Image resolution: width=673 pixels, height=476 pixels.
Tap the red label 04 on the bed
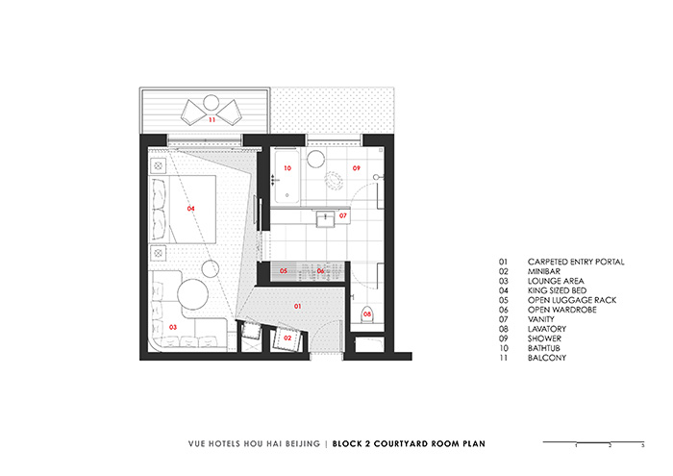click(x=191, y=208)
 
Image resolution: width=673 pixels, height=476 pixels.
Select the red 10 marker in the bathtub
click(x=287, y=167)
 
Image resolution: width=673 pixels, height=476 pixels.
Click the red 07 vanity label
click(x=342, y=215)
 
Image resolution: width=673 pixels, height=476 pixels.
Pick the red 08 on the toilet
click(x=367, y=313)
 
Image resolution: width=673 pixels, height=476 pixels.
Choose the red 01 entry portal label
click(x=297, y=306)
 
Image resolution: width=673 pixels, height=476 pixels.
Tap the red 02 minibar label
click(x=287, y=338)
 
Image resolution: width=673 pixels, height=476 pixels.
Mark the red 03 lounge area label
click(x=173, y=327)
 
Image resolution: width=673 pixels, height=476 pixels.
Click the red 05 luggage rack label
click(x=284, y=271)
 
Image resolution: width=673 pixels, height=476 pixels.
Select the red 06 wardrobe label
click(x=321, y=271)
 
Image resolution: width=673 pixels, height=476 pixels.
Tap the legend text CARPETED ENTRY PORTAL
click(x=576, y=262)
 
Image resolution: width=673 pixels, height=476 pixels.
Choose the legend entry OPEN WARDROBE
click(x=561, y=310)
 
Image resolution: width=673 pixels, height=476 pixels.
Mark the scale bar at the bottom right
click(x=592, y=442)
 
